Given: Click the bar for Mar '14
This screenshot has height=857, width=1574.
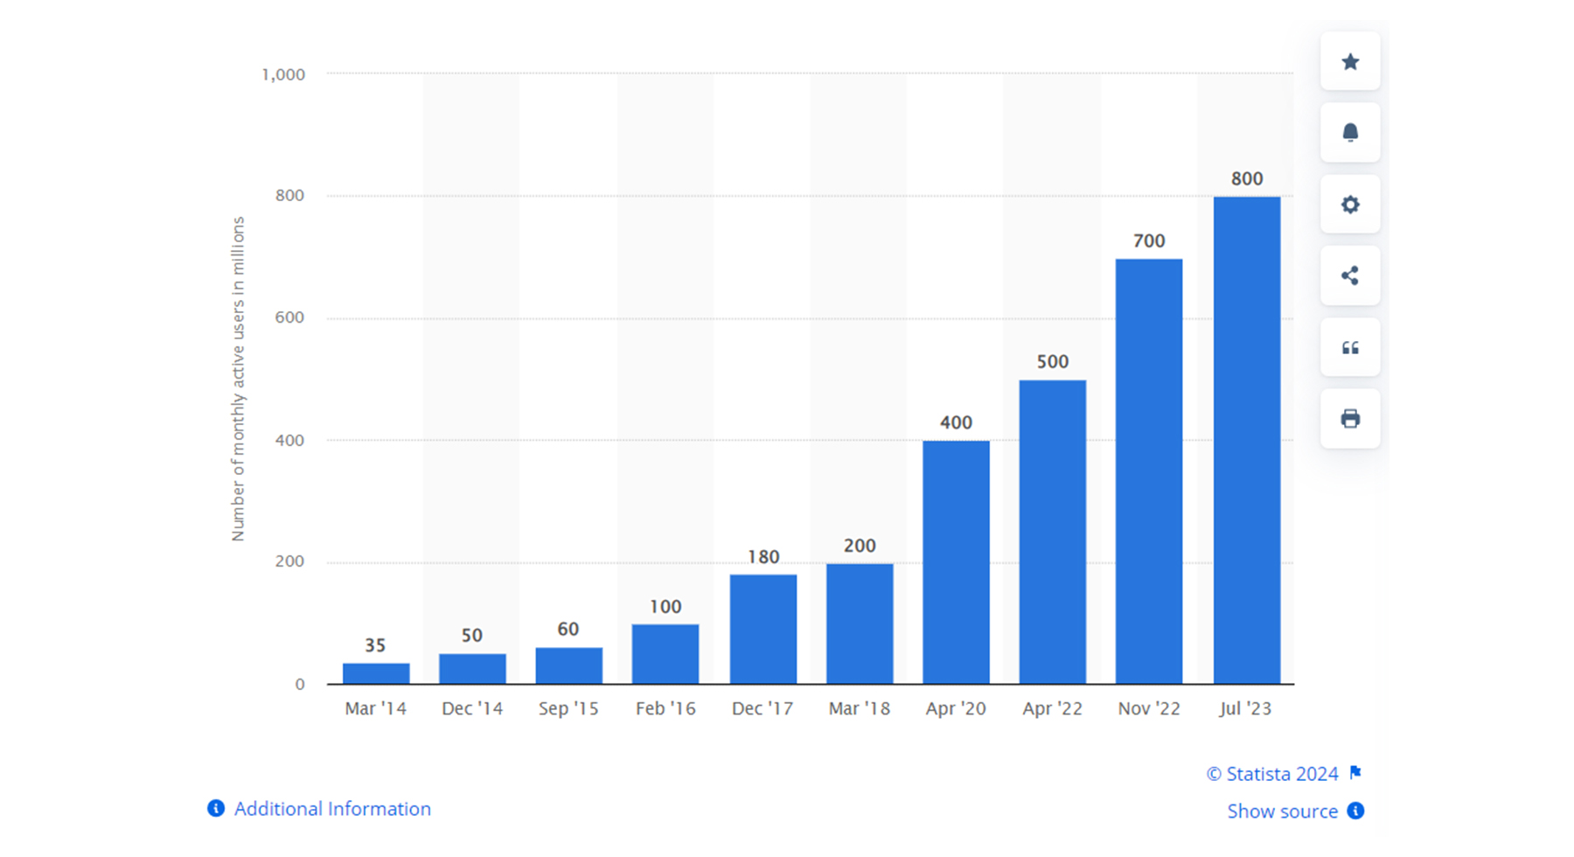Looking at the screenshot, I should (x=376, y=673).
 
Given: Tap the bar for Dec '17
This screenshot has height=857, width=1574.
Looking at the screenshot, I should (x=763, y=629).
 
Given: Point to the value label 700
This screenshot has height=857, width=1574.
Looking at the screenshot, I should (x=1149, y=241).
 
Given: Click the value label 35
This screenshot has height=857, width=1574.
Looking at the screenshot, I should (x=375, y=646).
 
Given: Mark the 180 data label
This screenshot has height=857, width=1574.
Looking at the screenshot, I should (x=763, y=557).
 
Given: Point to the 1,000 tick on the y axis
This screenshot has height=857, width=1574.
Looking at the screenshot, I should (x=283, y=75).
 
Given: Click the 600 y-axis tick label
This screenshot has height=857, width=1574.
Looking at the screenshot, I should (x=289, y=318).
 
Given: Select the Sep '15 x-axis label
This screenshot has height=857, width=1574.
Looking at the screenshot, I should (x=568, y=708).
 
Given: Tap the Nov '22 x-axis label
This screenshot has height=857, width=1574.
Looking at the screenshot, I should (x=1149, y=708).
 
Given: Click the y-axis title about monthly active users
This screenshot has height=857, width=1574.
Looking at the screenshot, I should (x=238, y=379).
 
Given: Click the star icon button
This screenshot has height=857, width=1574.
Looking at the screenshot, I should (x=1350, y=61).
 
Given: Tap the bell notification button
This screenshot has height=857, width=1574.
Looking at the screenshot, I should (x=1350, y=133).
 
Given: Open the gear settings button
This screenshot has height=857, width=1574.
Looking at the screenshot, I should (x=1350, y=205).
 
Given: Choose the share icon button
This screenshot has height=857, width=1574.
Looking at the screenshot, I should (x=1350, y=276).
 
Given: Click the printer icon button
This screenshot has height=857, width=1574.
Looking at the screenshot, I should (x=1350, y=419).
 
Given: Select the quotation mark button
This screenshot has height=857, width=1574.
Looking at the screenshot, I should (x=1350, y=348).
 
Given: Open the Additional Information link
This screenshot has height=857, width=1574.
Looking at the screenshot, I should (x=331, y=809).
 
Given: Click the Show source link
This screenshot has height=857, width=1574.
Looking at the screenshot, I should (x=1282, y=812).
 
